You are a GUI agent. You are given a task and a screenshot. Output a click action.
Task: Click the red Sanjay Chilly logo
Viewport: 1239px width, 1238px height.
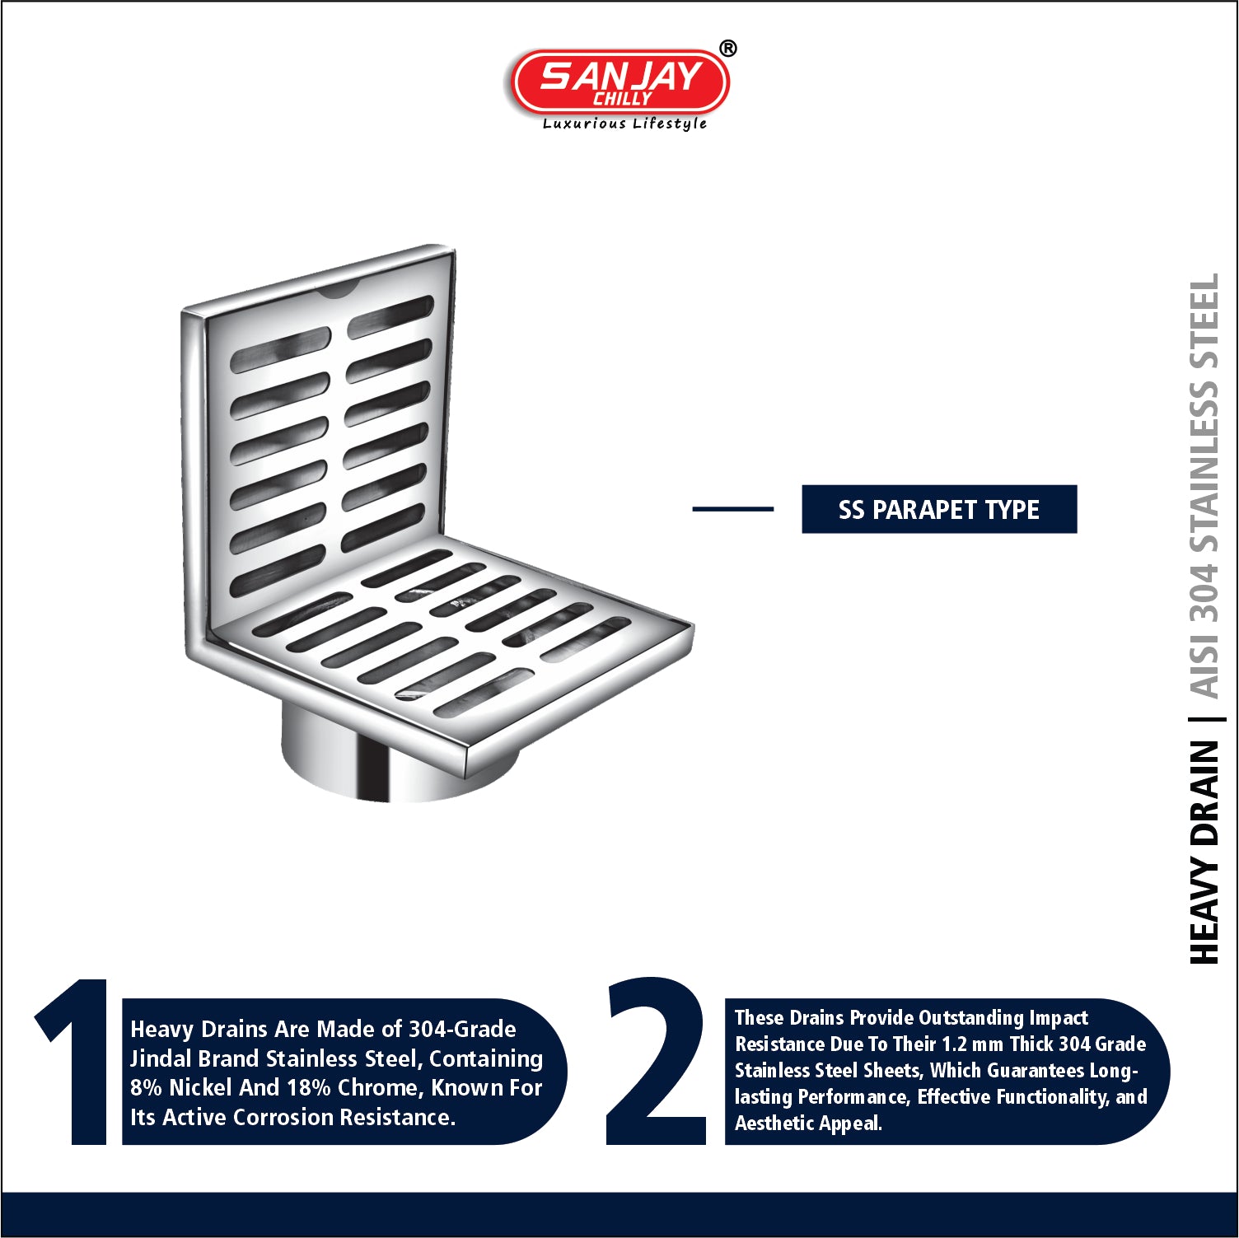point(620,82)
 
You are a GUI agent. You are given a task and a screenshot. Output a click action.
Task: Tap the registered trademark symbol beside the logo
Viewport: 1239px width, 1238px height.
point(727,49)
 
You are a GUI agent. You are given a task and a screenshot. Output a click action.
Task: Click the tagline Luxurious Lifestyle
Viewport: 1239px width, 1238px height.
point(624,124)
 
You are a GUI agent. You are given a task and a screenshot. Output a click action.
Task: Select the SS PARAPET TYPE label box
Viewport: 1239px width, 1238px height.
point(939,509)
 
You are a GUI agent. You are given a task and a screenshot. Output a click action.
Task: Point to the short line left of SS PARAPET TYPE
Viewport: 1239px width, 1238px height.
point(733,509)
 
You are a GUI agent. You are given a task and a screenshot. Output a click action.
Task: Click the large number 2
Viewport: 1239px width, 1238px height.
point(657,1061)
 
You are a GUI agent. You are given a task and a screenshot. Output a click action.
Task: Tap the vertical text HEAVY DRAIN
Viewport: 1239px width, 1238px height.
point(1204,852)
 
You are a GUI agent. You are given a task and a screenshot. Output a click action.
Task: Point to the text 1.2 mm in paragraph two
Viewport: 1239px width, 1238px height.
point(972,1044)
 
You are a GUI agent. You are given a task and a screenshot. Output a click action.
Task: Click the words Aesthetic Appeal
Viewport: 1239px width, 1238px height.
point(808,1124)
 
